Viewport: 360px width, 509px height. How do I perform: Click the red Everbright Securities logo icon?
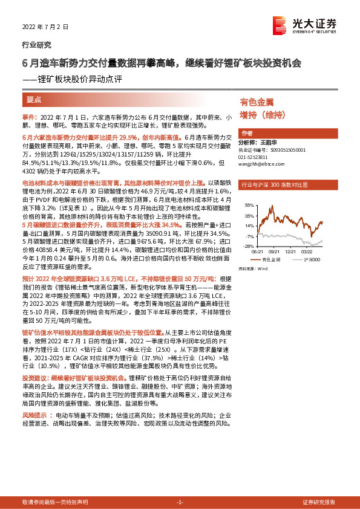(x=280, y=25)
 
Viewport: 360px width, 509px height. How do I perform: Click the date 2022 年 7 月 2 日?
(x=42, y=27)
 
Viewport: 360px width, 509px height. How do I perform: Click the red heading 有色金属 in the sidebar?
(x=257, y=103)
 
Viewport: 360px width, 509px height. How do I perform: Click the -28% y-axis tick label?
(x=249, y=246)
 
